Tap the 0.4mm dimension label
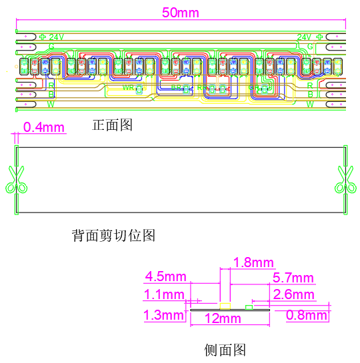(44, 127)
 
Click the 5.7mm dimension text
(293, 278)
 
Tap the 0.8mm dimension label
(307, 315)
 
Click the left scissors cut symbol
(15, 180)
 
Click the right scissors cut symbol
(345, 180)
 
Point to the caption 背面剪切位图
(113, 235)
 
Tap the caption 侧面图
(225, 349)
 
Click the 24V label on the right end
(304, 37)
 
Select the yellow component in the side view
(225, 306)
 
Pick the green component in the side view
(249, 307)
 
